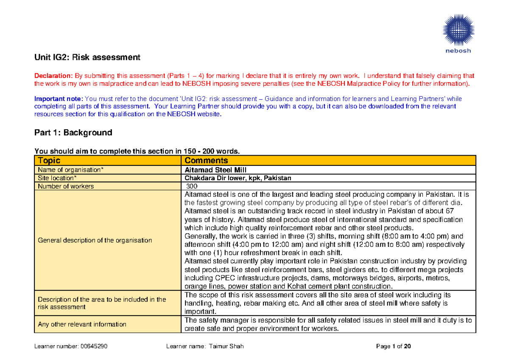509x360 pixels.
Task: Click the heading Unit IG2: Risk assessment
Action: tap(87, 57)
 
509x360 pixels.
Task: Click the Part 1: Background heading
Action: tap(73, 132)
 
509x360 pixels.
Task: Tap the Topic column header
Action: tap(49, 161)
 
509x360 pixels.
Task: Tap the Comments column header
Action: tap(206, 161)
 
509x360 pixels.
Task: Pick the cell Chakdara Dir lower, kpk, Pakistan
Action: tap(238, 178)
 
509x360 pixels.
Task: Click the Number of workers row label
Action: tap(66, 186)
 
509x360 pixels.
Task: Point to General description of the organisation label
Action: tap(95, 240)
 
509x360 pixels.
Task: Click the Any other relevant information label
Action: tap(82, 324)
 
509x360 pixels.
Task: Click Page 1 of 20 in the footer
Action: tap(394, 346)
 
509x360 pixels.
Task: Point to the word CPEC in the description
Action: tap(217, 278)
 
